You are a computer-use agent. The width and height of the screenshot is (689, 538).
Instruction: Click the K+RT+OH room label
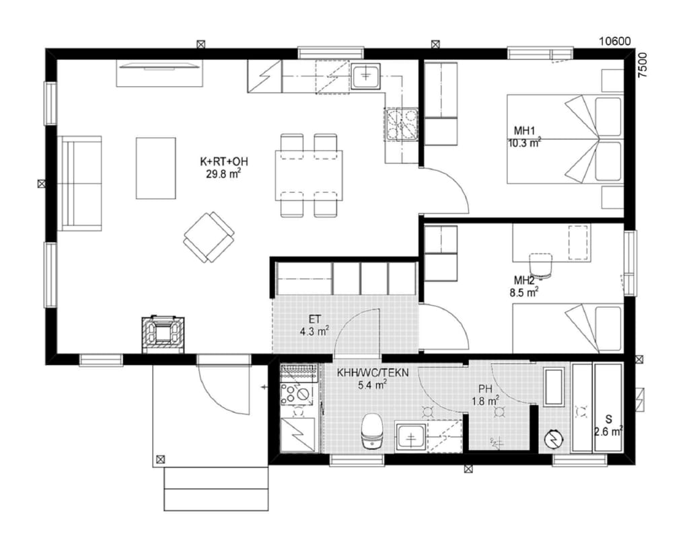(223, 161)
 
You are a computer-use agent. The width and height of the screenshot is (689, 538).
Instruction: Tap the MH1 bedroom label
(524, 131)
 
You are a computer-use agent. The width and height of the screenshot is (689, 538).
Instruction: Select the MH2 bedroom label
(524, 280)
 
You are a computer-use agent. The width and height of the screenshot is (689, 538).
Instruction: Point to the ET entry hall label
(315, 319)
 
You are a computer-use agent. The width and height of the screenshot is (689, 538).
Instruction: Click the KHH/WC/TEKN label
(373, 373)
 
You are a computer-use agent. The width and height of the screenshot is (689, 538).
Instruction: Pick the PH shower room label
(485, 389)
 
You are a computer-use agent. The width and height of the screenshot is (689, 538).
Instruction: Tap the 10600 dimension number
(615, 41)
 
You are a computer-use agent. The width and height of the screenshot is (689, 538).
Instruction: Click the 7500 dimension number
(643, 65)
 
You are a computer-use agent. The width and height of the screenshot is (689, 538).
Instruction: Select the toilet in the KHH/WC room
(371, 431)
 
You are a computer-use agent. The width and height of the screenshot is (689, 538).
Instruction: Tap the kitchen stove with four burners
(401, 124)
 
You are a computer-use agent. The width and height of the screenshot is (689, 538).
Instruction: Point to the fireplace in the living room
(163, 334)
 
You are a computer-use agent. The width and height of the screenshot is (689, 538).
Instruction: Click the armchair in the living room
(209, 237)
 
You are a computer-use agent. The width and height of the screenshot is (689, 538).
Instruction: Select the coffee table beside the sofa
(156, 168)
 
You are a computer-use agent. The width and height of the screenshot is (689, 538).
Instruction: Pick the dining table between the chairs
(309, 176)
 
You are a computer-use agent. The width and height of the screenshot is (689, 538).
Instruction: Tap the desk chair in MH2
(541, 265)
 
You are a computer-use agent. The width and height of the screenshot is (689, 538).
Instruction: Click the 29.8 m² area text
(223, 174)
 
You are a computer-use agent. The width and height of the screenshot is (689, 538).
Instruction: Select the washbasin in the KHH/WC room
(410, 437)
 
